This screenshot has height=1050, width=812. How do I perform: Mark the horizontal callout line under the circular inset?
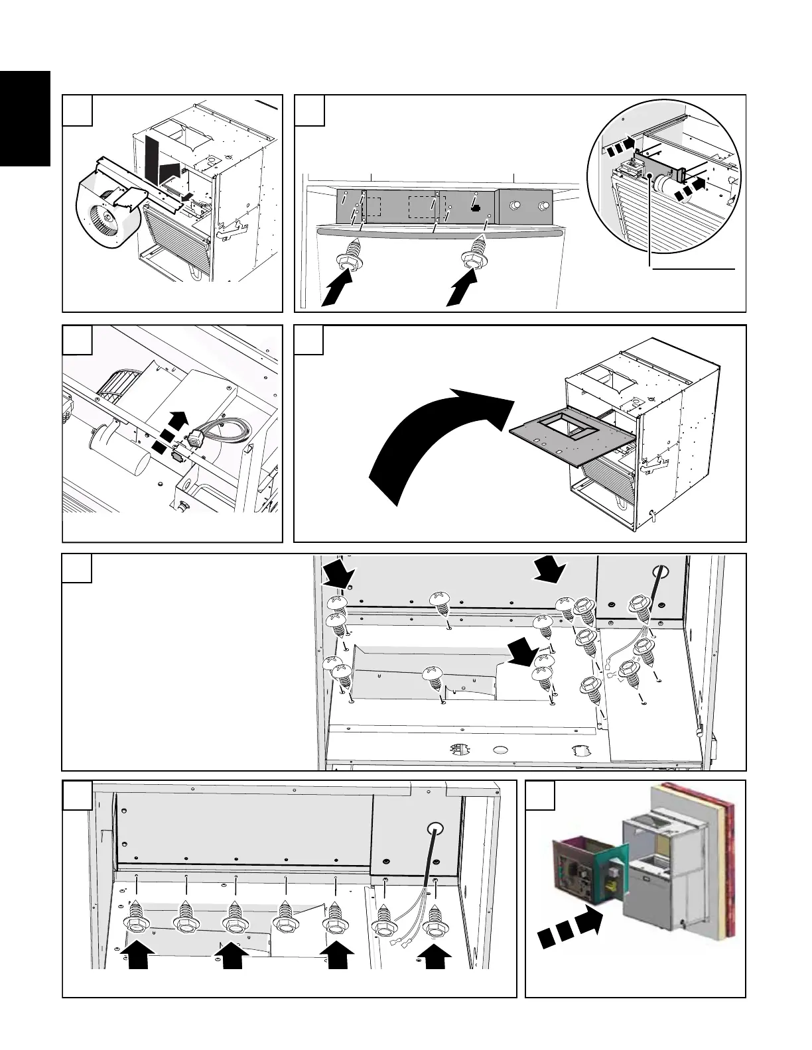(x=693, y=269)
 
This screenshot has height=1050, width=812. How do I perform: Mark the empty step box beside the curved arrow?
(x=309, y=339)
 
